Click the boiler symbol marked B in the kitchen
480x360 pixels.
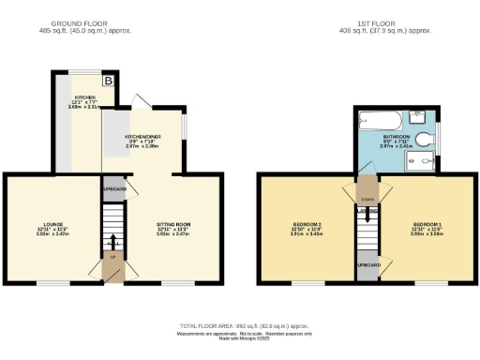pos(108,81)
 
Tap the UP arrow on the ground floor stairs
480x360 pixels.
pos(112,257)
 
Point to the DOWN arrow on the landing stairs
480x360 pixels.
pos(367,197)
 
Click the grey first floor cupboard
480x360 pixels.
pos(367,266)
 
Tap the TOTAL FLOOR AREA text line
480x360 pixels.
pos(240,325)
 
